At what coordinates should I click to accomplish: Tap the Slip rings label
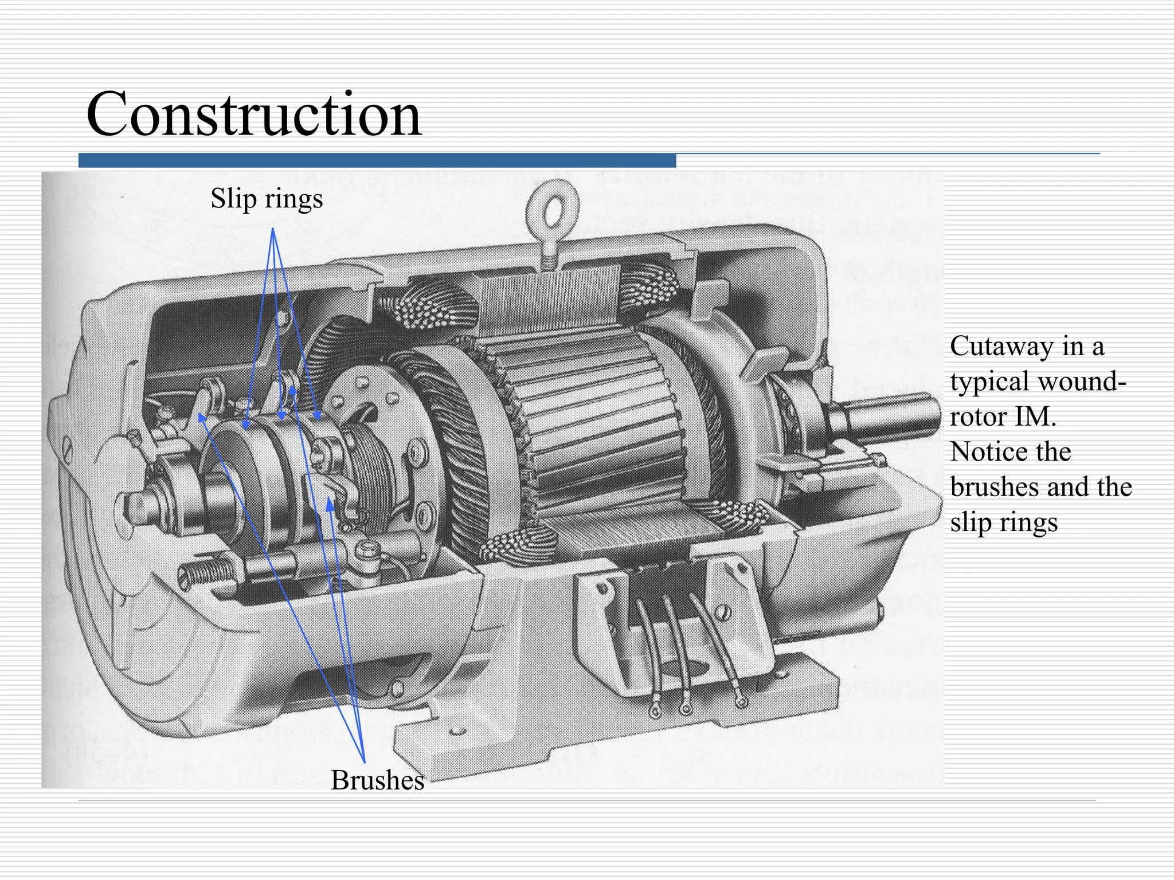click(x=267, y=199)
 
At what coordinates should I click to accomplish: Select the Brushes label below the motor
click(x=377, y=780)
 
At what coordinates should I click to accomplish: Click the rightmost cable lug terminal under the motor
click(x=741, y=701)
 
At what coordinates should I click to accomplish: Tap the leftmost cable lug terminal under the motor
click(x=655, y=712)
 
